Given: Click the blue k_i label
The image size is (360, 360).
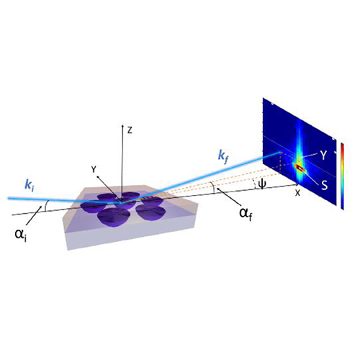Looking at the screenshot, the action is (30, 185).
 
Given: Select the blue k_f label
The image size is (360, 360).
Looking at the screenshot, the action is (222, 158).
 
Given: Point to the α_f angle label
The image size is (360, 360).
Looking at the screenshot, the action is (246, 214).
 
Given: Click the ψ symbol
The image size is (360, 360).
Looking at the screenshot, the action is (262, 184).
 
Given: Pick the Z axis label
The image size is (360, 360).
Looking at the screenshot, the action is (130, 130).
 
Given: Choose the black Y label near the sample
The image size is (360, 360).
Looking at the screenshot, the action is (94, 169).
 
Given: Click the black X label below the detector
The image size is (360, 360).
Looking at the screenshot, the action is (297, 193).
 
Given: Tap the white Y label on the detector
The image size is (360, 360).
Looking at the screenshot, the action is (323, 156).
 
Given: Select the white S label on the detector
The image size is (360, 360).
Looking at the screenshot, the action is (325, 186).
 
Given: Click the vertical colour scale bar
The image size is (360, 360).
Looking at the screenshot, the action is (343, 176).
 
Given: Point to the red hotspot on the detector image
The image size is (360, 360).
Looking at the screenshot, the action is (300, 168).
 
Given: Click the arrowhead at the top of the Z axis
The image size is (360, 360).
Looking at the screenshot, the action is (122, 125).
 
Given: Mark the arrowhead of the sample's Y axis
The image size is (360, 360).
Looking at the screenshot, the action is (98, 177).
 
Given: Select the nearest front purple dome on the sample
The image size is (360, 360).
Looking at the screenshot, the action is (113, 217).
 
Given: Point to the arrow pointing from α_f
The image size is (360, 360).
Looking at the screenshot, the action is (228, 195).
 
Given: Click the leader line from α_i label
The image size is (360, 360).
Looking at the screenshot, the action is (32, 216).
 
